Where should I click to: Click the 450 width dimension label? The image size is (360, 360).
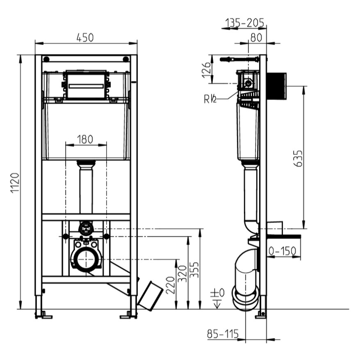click(85, 37)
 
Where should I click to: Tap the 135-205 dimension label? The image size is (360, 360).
click(245, 22)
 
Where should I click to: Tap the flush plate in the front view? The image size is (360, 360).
click(86, 85)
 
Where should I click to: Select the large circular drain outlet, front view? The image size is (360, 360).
click(86, 259)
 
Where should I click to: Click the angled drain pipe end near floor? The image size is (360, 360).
click(150, 295)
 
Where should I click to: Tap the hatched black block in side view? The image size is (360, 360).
click(277, 86)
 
